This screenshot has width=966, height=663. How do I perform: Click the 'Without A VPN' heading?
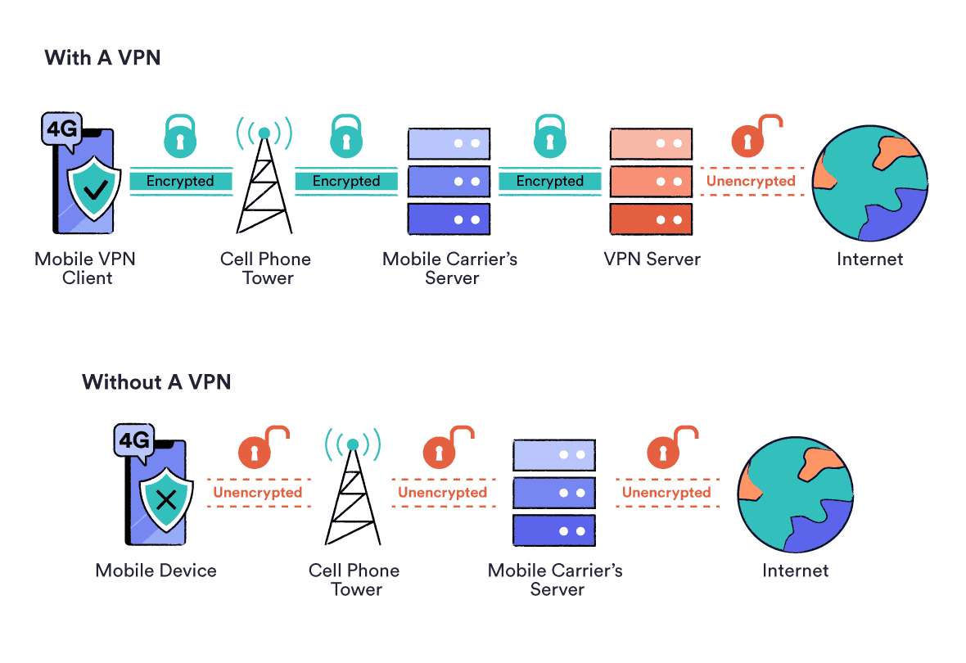pyautogui.click(x=156, y=381)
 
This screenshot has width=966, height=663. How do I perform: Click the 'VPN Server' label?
pyautogui.click(x=652, y=259)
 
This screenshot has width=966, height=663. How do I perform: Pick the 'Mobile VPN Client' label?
pyautogui.click(x=85, y=268)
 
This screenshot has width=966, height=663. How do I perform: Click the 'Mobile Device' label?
pyautogui.click(x=156, y=571)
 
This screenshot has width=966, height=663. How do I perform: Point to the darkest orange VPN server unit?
pyautogui.click(x=651, y=219)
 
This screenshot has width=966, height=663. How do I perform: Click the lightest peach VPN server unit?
pyautogui.click(x=651, y=143)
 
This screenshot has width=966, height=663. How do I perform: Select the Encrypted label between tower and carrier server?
pyautogui.click(x=346, y=181)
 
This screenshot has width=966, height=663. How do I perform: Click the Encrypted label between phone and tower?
pyautogui.click(x=180, y=181)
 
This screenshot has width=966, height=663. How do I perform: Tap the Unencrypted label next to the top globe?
pyautogui.click(x=751, y=181)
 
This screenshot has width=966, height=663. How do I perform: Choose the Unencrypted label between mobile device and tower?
pyautogui.click(x=258, y=493)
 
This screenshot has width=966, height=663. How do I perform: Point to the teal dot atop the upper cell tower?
pyautogui.click(x=264, y=133)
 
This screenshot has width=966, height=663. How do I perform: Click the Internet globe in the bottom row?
pyautogui.click(x=795, y=495)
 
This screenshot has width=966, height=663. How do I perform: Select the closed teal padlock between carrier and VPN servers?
pyautogui.click(x=550, y=138)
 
